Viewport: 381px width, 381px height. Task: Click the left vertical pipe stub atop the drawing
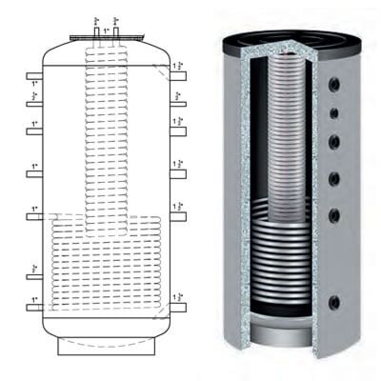tap(97, 30)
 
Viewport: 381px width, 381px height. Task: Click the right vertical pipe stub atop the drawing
tap(116, 30)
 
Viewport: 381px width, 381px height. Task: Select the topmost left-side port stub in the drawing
tap(33, 74)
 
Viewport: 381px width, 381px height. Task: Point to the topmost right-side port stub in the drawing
tap(178, 74)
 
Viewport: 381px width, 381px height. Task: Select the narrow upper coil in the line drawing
tap(106, 133)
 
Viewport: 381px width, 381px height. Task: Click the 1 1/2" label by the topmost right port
tap(180, 64)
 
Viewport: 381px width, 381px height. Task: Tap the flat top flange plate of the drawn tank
tap(107, 41)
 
